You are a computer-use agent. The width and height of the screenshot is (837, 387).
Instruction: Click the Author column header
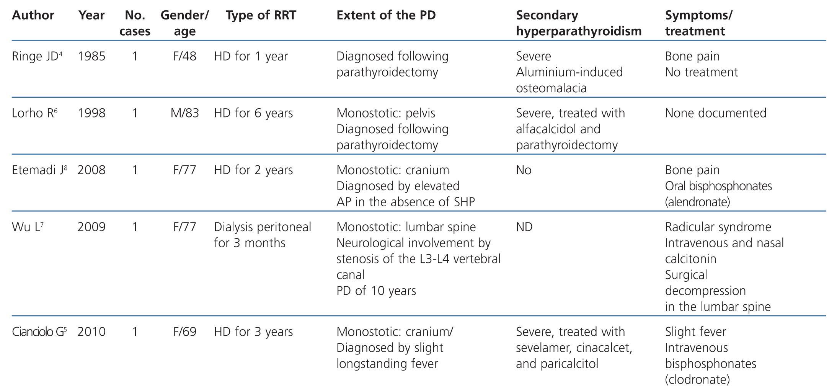click(x=33, y=15)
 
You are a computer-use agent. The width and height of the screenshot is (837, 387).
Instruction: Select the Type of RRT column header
click(x=261, y=15)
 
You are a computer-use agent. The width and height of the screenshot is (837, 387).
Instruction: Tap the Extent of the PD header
click(x=386, y=15)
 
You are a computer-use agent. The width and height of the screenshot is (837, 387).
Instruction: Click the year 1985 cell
click(x=91, y=56)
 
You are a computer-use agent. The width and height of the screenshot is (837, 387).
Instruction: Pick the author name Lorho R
click(x=33, y=113)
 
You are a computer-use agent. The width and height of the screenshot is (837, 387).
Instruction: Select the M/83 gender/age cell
click(x=184, y=113)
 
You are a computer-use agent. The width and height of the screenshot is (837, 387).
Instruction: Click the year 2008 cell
click(x=91, y=170)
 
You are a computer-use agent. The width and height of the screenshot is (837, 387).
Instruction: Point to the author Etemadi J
click(x=38, y=170)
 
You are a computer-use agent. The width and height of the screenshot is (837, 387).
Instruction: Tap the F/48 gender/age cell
click(x=184, y=56)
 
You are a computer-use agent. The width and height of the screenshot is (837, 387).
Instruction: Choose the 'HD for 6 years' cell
click(x=253, y=113)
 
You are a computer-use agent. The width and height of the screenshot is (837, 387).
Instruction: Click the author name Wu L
click(x=26, y=227)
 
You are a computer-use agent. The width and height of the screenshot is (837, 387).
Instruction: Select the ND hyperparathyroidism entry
click(x=524, y=227)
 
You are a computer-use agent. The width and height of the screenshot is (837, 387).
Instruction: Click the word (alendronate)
click(x=697, y=202)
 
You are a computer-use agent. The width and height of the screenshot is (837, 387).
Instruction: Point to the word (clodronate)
click(x=697, y=379)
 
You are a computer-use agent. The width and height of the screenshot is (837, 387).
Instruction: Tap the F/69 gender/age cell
click(x=184, y=331)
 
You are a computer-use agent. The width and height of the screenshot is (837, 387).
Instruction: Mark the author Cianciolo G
click(x=38, y=331)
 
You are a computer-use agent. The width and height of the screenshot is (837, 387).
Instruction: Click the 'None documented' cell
click(x=715, y=113)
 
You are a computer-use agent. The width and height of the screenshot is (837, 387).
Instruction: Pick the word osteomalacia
click(x=551, y=88)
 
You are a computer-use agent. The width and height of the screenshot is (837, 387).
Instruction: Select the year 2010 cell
click(x=91, y=331)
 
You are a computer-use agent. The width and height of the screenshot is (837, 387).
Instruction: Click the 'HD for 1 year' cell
click(x=251, y=56)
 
